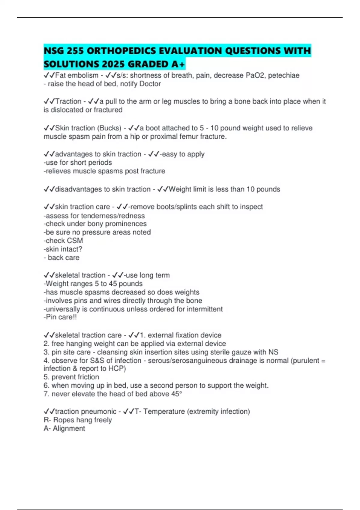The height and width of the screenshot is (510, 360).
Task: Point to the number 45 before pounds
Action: point(113,283)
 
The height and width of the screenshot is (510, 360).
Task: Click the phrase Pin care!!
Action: point(60,317)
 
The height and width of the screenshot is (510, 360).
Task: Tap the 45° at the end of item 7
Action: point(176,394)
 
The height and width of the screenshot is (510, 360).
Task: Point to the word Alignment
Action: point(69,428)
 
